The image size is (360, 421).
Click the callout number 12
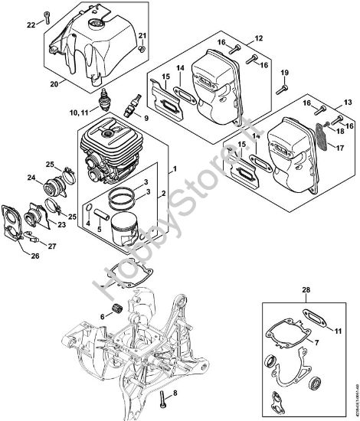tap(257, 37)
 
